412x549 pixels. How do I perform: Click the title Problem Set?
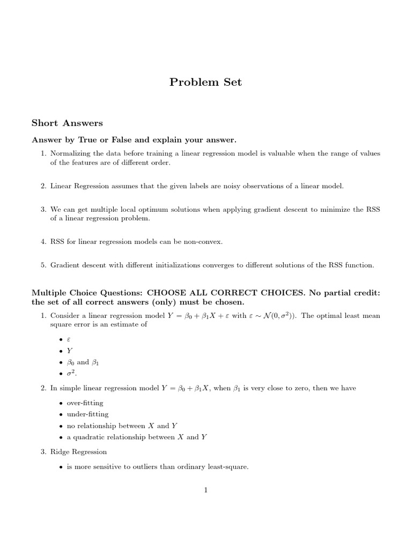(205, 82)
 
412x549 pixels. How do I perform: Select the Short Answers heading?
(67, 123)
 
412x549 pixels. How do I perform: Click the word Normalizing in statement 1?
(71, 153)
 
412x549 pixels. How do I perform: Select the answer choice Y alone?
(69, 351)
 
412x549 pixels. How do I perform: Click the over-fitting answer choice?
(85, 402)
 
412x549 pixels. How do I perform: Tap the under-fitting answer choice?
(87, 414)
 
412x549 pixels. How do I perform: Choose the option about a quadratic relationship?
(137, 437)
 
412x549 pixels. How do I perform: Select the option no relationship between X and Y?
(122, 426)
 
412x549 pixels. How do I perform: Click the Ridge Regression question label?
(78, 452)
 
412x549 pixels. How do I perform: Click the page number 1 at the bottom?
(205, 489)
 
